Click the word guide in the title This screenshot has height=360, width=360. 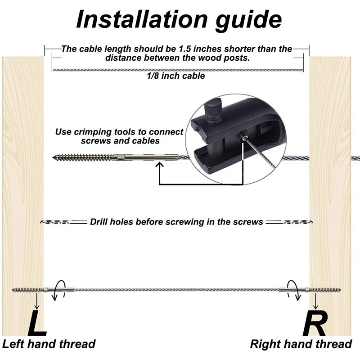click(244, 20)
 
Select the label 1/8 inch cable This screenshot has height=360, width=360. click(175, 76)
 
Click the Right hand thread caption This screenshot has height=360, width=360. click(301, 344)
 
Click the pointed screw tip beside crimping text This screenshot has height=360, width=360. click(57, 157)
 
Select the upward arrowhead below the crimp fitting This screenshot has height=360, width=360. click(159, 165)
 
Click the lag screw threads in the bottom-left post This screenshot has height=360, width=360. click(27, 289)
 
